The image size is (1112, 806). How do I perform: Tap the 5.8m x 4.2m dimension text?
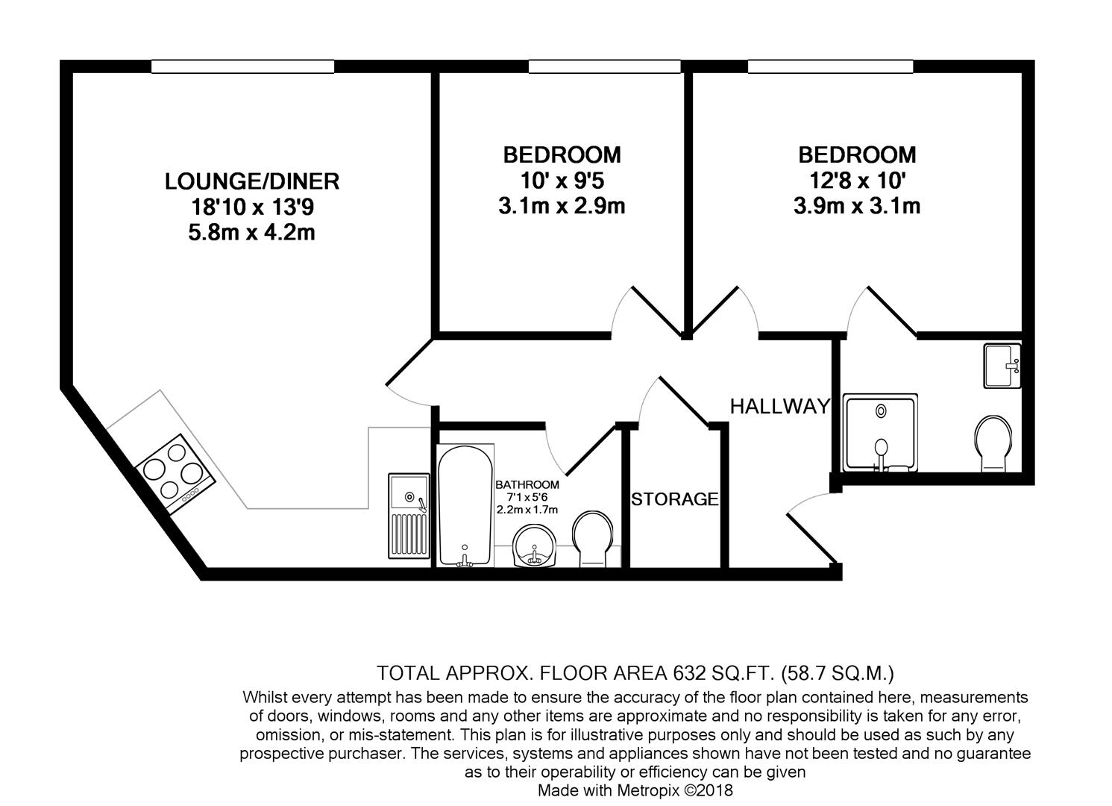(x=251, y=233)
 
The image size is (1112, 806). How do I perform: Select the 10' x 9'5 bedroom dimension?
(x=561, y=180)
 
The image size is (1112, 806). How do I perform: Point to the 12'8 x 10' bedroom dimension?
(x=856, y=180)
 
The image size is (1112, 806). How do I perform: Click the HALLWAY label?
(x=779, y=407)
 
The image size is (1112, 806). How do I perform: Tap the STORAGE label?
(x=675, y=499)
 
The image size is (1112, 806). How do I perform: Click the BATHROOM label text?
(x=527, y=484)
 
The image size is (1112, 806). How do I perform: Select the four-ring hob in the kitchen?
(x=176, y=474)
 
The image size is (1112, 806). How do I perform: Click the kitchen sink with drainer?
(x=408, y=515)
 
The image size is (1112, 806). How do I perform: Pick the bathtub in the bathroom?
(x=465, y=505)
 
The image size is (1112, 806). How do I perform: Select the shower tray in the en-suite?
(x=880, y=433)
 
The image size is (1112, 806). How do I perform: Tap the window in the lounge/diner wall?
(x=242, y=67)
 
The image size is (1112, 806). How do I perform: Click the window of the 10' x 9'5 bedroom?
(x=604, y=67)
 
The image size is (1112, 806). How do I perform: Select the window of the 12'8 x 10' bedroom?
(x=830, y=67)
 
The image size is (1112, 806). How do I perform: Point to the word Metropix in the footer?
(x=650, y=790)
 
